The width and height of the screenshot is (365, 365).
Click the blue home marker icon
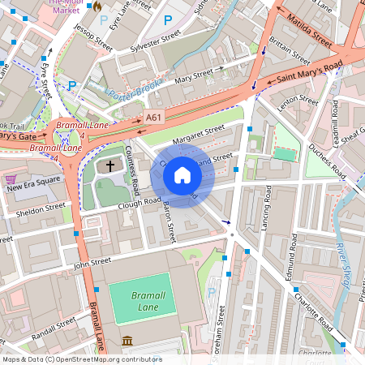click(182, 175)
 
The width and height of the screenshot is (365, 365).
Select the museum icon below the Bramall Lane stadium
click(127, 341)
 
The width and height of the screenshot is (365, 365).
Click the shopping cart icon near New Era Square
click(11, 178)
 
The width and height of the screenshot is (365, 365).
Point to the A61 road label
click(152, 118)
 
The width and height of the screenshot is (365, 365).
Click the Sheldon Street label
click(42, 208)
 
